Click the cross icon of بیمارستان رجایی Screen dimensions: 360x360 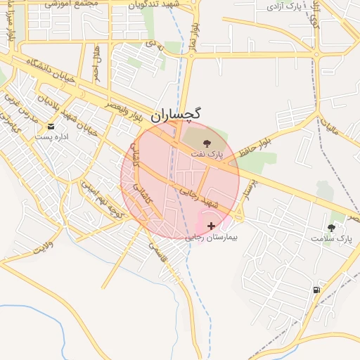click(x=212, y=226)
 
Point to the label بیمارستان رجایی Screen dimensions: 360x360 click(x=212, y=238)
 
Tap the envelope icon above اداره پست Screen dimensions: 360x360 click(x=51, y=127)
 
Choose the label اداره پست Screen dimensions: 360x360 click(x=53, y=136)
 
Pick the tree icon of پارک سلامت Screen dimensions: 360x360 click(x=331, y=228)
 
